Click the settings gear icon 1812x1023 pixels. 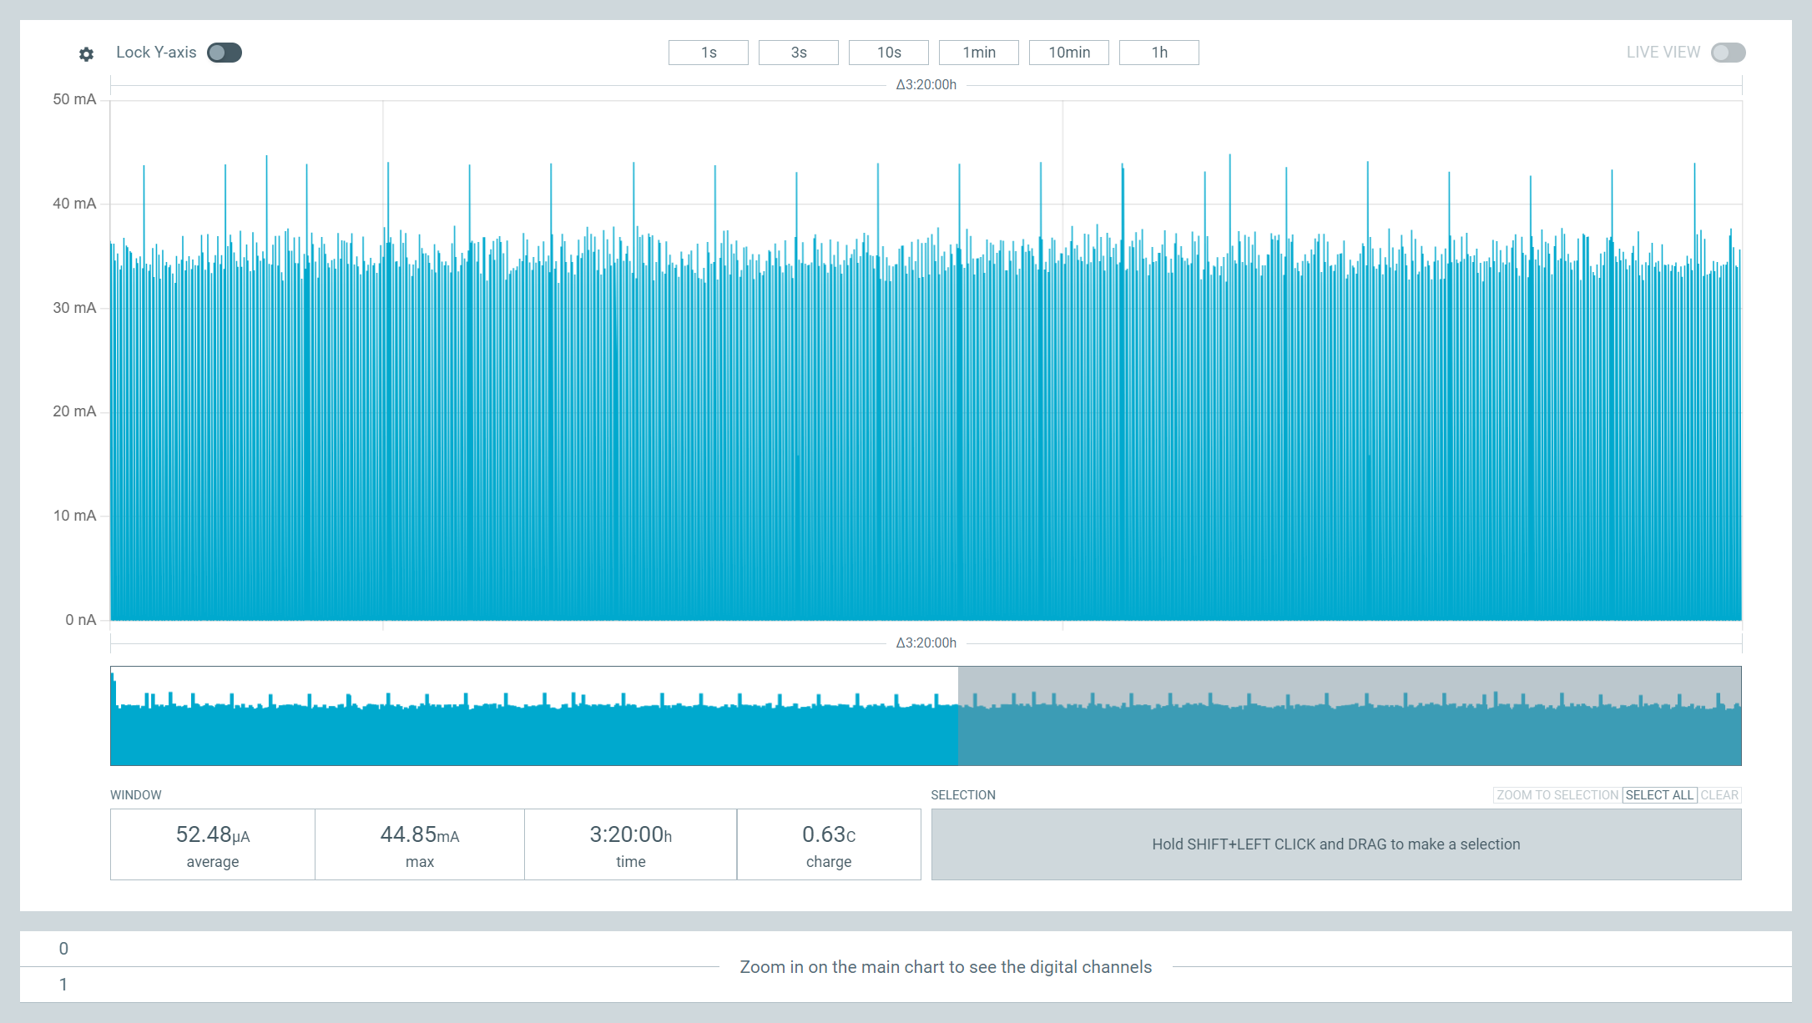click(x=86, y=54)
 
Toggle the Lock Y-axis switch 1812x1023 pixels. click(x=225, y=53)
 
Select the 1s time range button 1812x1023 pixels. click(x=709, y=53)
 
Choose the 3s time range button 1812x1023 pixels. click(x=799, y=53)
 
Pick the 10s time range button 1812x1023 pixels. click(x=889, y=53)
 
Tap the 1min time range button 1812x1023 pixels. click(x=979, y=53)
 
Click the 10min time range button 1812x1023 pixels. click(x=1069, y=53)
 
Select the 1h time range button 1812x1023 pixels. click(x=1159, y=53)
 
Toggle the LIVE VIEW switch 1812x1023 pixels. click(x=1728, y=53)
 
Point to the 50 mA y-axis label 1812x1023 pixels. click(x=74, y=99)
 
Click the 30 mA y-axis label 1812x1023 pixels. click(x=74, y=308)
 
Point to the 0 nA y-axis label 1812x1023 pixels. click(x=81, y=620)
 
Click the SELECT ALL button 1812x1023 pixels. click(x=1659, y=795)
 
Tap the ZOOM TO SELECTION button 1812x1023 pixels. click(x=1557, y=795)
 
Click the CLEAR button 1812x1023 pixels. click(x=1719, y=795)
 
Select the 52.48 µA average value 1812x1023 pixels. click(x=213, y=834)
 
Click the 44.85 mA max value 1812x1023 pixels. click(x=420, y=834)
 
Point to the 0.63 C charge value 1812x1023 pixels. click(x=829, y=834)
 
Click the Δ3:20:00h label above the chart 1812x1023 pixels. click(x=926, y=84)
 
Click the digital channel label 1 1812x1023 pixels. click(x=63, y=985)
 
